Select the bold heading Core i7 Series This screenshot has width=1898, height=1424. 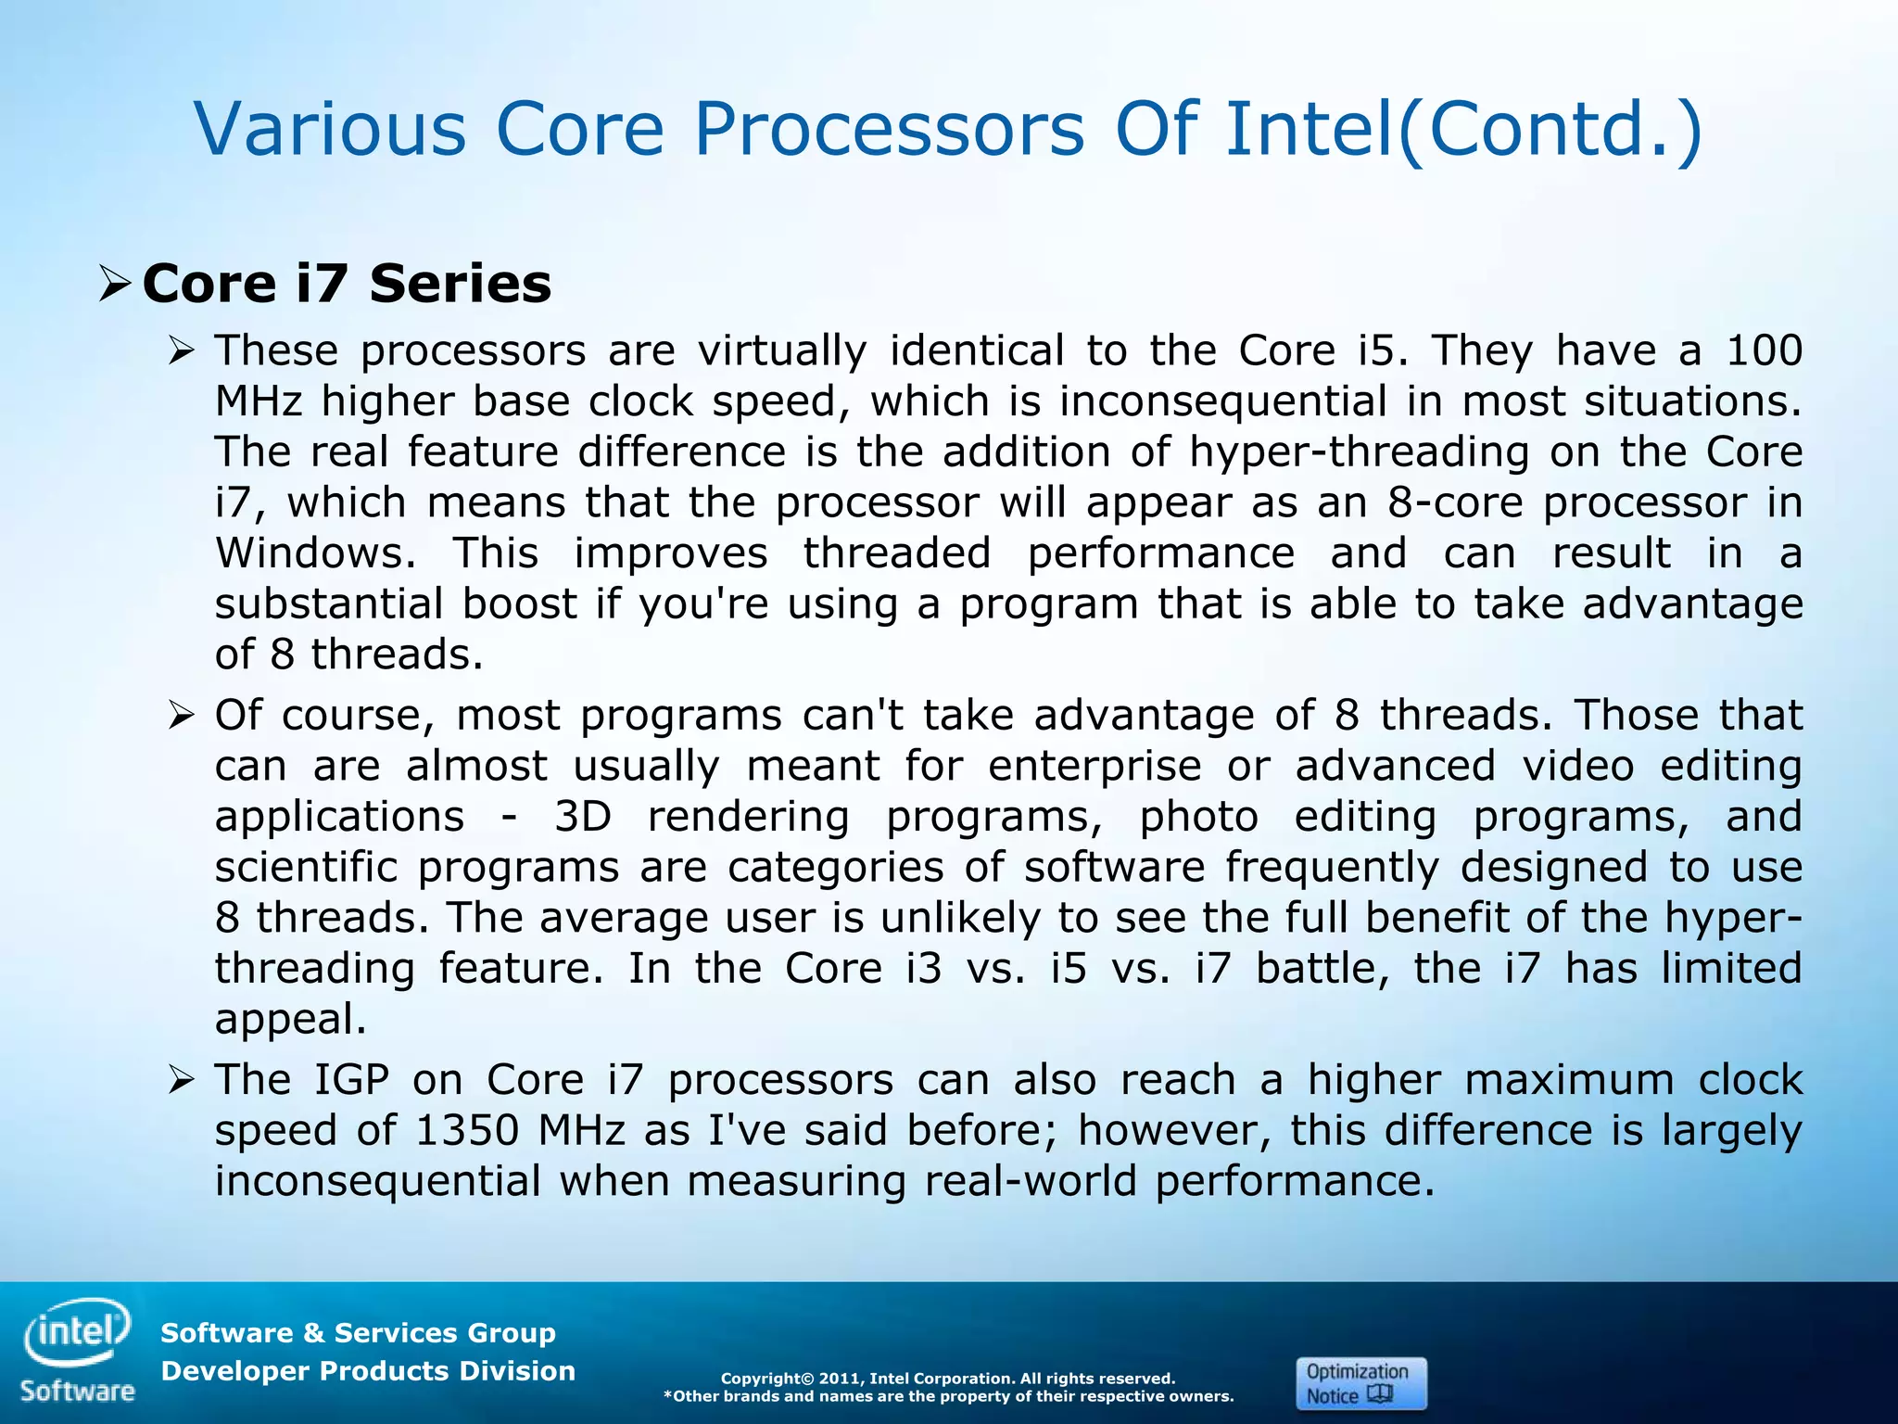click(x=347, y=283)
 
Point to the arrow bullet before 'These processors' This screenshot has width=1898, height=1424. click(x=182, y=351)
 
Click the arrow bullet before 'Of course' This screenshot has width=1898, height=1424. click(x=182, y=716)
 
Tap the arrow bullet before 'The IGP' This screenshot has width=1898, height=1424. click(x=182, y=1080)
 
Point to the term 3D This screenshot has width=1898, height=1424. click(x=583, y=817)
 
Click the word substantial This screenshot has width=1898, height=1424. click(x=329, y=604)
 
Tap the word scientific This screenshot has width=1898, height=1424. click(x=306, y=868)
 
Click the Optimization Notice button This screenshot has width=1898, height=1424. click(x=1360, y=1383)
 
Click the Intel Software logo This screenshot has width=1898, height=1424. click(x=78, y=1349)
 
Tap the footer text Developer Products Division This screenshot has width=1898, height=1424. click(x=368, y=1371)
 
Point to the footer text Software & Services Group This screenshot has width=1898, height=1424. click(x=358, y=1333)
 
